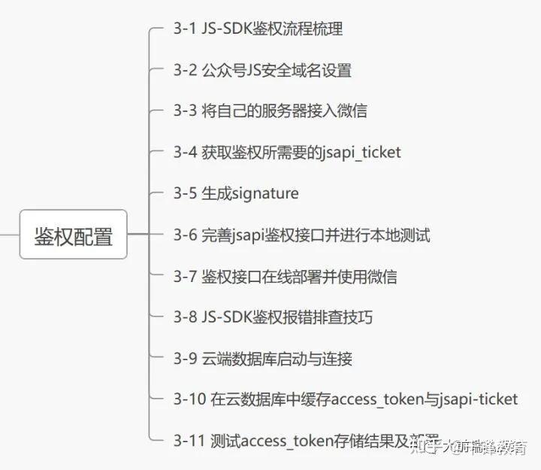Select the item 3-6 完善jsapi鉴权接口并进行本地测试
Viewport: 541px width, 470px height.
pyautogui.click(x=301, y=235)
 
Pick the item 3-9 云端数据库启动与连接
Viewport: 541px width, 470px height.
pyautogui.click(x=262, y=359)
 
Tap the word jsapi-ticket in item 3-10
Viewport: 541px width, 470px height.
pyautogui.click(x=478, y=400)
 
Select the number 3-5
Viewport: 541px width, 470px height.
pyautogui.click(x=185, y=194)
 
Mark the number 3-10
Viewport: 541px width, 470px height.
pyautogui.click(x=189, y=400)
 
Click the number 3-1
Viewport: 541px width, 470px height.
pyautogui.click(x=185, y=29)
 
